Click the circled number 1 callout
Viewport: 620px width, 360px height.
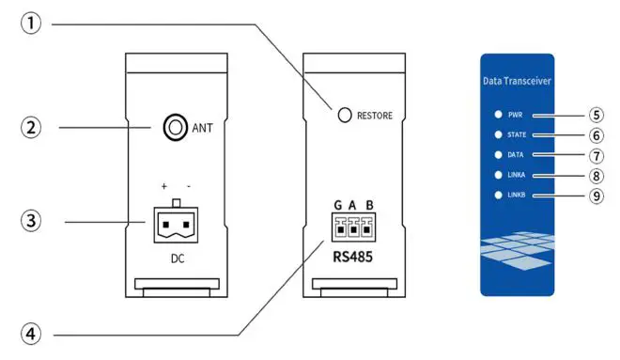(33, 23)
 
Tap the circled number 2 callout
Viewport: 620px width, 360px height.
(33, 126)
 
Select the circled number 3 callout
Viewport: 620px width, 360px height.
(33, 223)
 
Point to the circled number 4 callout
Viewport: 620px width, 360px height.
(33, 333)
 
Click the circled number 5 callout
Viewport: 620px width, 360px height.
(597, 116)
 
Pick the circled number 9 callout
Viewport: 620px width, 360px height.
(597, 196)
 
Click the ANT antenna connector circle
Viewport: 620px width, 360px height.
(175, 127)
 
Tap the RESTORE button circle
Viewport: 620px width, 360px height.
(345, 115)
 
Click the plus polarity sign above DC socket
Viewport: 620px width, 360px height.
(163, 188)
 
